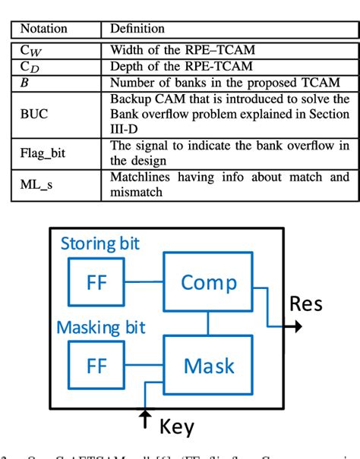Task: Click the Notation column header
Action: click(43, 29)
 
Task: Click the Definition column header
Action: click(137, 29)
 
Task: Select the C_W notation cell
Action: click(30, 51)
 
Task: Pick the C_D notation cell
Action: click(30, 66)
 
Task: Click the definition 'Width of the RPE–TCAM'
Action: click(172, 51)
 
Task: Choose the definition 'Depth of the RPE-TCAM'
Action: click(172, 66)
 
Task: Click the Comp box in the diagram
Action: click(209, 282)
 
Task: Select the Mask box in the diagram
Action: click(209, 366)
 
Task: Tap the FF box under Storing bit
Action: click(96, 282)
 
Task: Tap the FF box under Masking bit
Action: click(96, 366)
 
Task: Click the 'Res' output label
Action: click(307, 305)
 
